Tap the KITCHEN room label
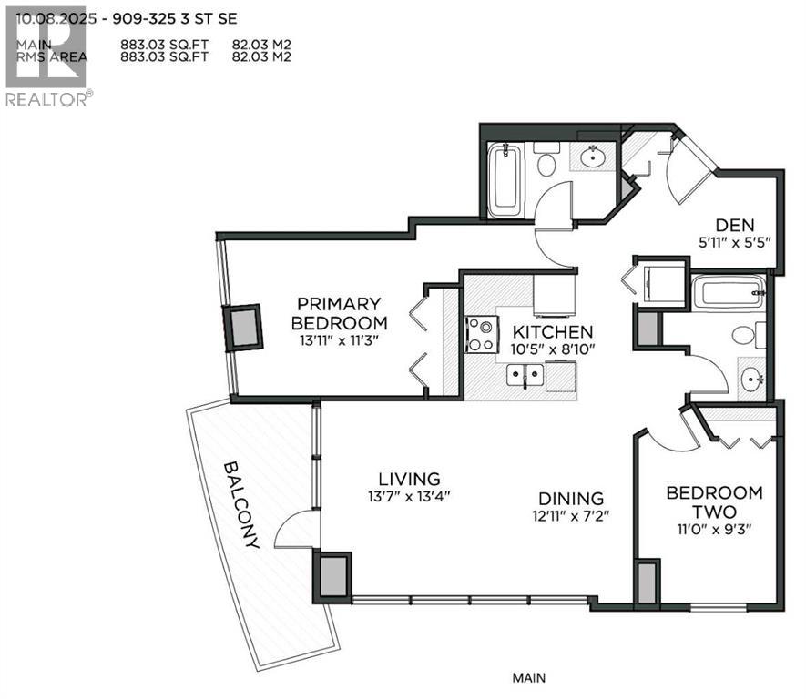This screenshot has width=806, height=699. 553,332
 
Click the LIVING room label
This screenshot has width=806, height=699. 410,479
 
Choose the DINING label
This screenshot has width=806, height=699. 571,498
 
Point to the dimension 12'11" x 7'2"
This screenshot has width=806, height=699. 571,516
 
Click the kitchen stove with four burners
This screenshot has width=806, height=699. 482,333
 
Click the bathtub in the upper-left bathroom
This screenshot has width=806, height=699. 503,181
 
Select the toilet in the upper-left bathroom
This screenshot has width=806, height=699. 546,161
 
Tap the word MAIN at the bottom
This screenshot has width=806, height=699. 528,677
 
